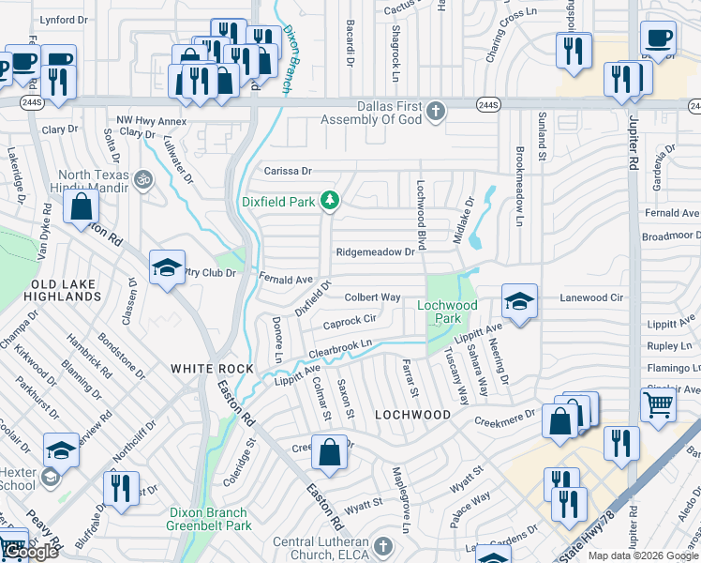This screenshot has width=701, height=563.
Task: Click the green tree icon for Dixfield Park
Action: (x=329, y=200)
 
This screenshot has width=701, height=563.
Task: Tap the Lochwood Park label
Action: (x=447, y=312)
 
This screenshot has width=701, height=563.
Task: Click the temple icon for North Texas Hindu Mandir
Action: (x=143, y=177)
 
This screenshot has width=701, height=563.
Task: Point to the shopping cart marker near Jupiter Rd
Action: (x=659, y=404)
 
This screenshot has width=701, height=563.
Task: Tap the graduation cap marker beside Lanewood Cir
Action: (x=519, y=301)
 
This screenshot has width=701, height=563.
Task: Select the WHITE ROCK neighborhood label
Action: (x=212, y=369)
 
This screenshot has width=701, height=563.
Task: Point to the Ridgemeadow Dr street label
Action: (x=375, y=252)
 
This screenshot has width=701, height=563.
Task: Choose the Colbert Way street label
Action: (x=372, y=297)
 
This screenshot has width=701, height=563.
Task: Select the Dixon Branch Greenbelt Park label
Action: (x=208, y=519)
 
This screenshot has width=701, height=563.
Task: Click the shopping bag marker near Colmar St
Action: (x=331, y=452)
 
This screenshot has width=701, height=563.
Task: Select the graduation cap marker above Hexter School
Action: (x=61, y=450)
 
